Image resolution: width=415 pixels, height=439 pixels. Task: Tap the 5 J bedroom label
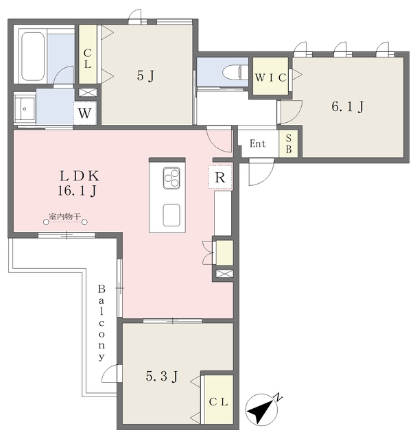(145, 75)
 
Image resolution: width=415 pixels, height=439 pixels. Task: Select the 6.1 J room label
(347, 106)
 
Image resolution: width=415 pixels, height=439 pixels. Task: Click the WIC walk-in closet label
(270, 78)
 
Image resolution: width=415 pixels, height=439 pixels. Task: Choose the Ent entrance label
(257, 144)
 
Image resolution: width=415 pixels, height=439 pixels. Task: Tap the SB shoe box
(288, 144)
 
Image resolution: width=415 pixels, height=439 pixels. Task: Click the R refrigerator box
(221, 178)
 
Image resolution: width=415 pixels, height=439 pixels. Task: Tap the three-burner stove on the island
(171, 179)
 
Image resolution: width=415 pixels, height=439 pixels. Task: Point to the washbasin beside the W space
(25, 108)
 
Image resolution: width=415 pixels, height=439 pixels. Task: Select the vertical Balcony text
(102, 322)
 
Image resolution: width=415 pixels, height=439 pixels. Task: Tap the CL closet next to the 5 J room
(88, 54)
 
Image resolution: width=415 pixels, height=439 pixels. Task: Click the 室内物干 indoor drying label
(65, 218)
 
